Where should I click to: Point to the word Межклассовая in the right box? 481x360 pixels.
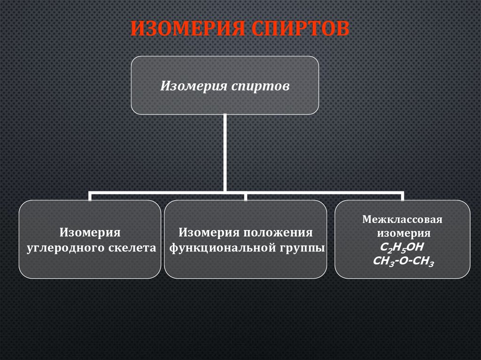403,219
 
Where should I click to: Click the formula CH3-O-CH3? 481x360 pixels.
403,261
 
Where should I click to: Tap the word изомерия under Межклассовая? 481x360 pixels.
403,233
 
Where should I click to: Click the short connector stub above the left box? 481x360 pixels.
90,196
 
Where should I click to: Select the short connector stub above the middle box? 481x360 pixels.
246,196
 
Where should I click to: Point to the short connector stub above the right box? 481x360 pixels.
402,196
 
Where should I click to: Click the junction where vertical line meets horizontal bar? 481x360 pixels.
225,191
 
